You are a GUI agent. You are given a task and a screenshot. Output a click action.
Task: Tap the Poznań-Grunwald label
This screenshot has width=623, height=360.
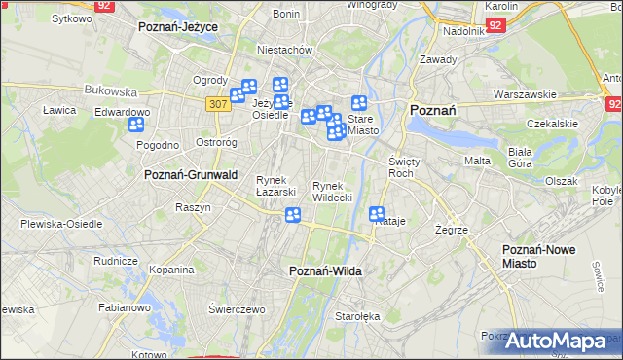tap(191, 174)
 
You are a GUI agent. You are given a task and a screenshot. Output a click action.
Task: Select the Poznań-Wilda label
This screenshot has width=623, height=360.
tap(326, 271)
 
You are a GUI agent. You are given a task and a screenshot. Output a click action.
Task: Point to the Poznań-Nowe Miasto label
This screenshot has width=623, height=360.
tap(538, 257)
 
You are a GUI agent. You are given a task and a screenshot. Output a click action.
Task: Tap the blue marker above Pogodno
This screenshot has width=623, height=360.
tap(135, 124)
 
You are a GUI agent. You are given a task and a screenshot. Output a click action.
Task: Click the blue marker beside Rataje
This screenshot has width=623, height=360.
tap(378, 214)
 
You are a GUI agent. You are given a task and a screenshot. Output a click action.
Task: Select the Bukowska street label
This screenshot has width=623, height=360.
tap(110, 90)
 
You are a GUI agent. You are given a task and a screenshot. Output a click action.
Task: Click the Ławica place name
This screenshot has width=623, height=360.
tap(59, 110)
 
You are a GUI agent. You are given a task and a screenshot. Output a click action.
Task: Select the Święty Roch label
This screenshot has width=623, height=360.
tap(402, 166)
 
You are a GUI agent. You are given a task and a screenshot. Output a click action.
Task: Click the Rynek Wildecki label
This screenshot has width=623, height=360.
tap(332, 191)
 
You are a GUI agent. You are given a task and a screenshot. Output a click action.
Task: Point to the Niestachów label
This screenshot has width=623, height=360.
tap(283, 50)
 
